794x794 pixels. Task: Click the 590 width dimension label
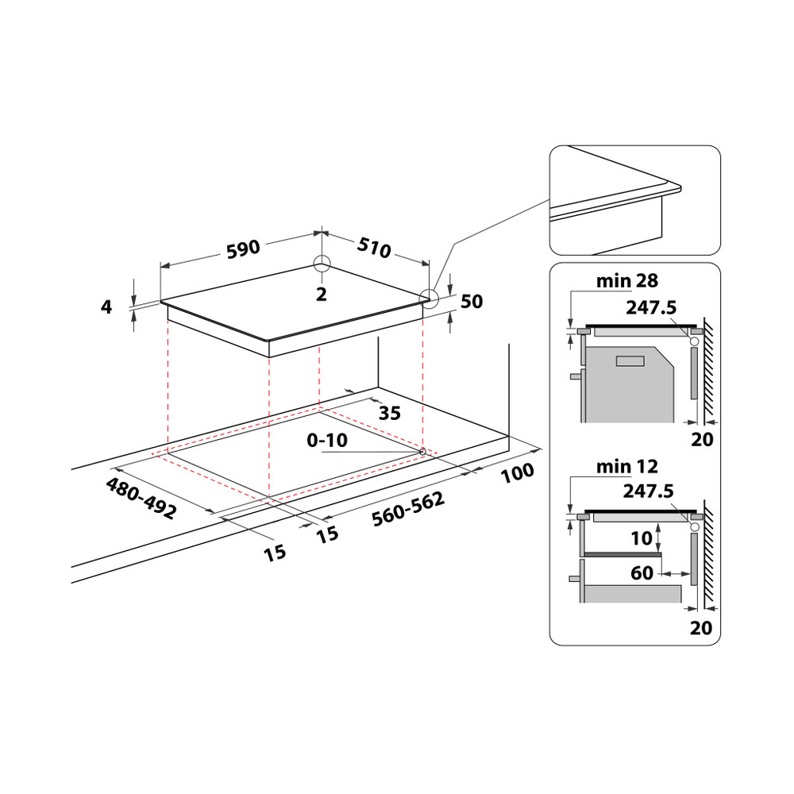point(243,249)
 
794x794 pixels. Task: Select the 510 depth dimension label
point(373,248)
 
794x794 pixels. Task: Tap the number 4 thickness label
point(106,306)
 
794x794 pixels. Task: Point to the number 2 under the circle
point(321,294)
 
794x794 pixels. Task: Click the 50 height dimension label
point(472,302)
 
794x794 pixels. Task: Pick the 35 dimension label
point(389,413)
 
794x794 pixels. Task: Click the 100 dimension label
point(518,473)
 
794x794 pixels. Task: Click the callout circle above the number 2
point(321,264)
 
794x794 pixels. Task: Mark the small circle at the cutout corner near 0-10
point(422,452)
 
